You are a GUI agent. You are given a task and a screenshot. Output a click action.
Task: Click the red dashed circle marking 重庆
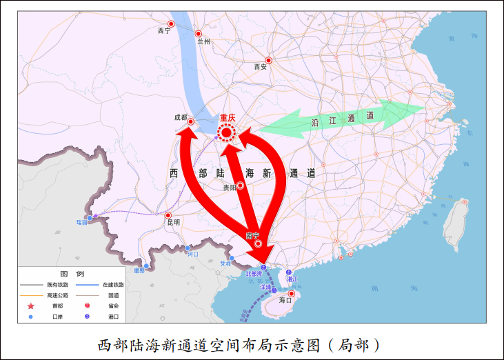coord(226,132)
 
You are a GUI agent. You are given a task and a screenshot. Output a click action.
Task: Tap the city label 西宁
coord(163,30)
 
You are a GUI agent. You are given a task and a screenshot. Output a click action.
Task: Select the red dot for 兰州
coord(199,33)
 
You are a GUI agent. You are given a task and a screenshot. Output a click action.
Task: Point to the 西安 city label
coord(260,67)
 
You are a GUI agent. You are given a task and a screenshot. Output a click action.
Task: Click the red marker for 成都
coord(191,122)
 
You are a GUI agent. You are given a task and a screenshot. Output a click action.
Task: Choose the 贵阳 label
coord(230,188)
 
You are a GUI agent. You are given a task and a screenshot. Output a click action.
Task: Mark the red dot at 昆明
coord(167,214)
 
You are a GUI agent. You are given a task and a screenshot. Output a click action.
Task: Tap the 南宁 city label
coord(252,236)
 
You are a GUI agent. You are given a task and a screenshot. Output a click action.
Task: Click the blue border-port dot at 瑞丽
coord(90,218)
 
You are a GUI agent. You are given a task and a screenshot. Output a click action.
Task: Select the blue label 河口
coord(193,254)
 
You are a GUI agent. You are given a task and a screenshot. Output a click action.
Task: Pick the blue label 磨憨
coord(140,271)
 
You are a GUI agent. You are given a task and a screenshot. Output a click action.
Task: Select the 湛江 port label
coord(292,279)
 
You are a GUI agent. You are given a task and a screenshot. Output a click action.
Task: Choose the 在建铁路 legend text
coord(113,284)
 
